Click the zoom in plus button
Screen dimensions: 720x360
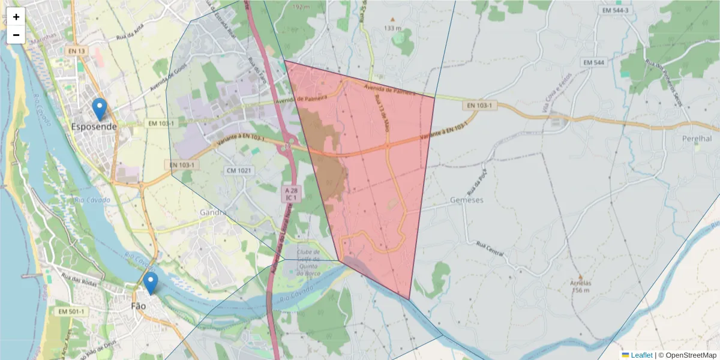[x=16, y=17]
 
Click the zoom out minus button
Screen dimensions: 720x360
[x=16, y=35]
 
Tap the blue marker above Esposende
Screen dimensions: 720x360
[x=100, y=109]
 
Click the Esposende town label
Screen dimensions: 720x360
[x=94, y=127]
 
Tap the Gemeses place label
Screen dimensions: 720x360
[x=466, y=200]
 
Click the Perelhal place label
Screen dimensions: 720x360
[x=697, y=139]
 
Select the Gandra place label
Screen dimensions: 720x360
[x=214, y=212]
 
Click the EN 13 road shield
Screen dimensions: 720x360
[x=76, y=51]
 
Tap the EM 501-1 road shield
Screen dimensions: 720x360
[x=72, y=312]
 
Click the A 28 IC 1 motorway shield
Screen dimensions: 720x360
[x=292, y=193]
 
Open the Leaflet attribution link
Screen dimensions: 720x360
[x=641, y=355]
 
